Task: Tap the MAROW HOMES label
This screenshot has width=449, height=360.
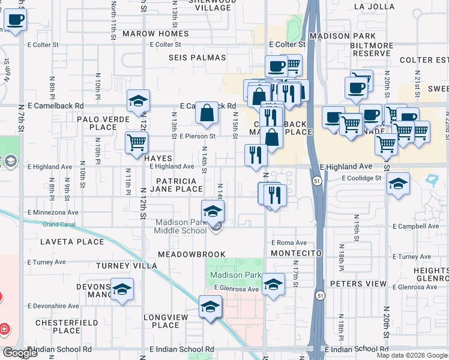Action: pyautogui.click(x=155, y=34)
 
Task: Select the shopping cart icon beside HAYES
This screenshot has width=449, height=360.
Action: pyautogui.click(x=136, y=142)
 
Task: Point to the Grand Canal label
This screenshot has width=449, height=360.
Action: pyautogui.click(x=59, y=224)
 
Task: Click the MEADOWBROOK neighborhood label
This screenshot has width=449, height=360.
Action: pyautogui.click(x=191, y=254)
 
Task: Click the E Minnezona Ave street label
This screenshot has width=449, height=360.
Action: pyautogui.click(x=53, y=212)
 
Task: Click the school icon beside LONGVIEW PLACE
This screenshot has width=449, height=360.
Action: pyautogui.click(x=210, y=307)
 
